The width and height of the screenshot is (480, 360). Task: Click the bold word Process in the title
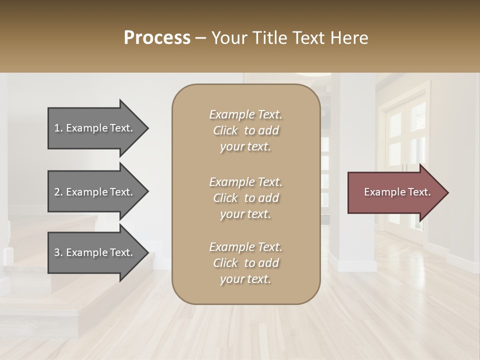tap(157, 38)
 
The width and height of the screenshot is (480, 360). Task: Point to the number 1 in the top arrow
tap(57, 128)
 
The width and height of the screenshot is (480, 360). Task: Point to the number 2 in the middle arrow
tap(57, 192)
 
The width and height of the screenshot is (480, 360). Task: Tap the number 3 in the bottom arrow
tap(57, 252)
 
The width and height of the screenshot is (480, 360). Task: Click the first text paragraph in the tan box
tap(245, 130)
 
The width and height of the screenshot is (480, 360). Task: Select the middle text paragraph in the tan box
tap(245, 198)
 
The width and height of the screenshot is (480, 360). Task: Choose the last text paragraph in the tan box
tap(245, 263)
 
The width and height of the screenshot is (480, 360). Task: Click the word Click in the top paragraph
tap(225, 130)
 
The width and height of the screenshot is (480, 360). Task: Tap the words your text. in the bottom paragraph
tap(245, 279)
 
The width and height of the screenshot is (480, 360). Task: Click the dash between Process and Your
tap(200, 38)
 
